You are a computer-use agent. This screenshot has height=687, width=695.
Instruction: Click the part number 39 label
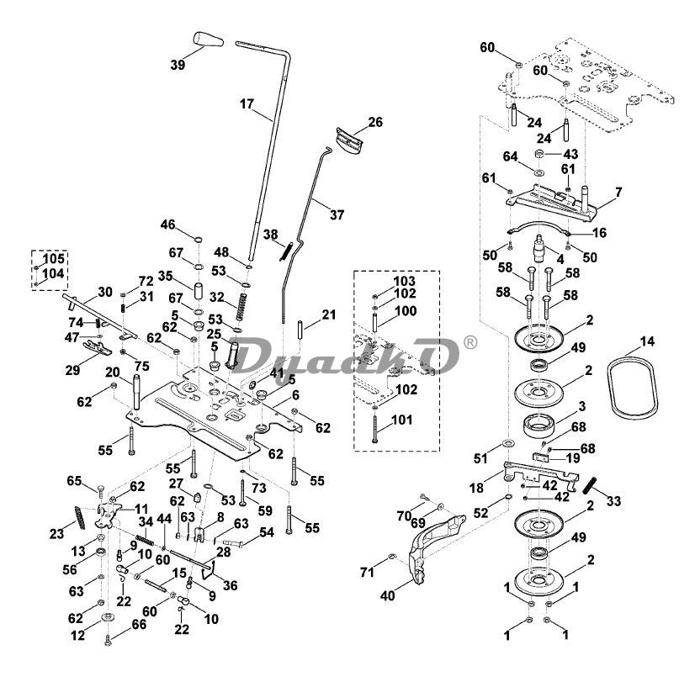coord(178,65)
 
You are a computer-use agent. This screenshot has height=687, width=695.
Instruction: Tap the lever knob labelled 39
coord(205,40)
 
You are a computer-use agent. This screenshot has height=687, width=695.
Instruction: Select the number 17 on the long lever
coord(246,104)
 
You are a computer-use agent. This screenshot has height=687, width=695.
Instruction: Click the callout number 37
coord(337,215)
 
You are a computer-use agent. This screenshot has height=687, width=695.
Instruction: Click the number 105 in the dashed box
coord(54,257)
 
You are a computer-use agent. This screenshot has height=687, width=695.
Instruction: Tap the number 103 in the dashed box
coord(404,279)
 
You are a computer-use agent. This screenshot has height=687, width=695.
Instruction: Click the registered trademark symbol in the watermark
coord(470,341)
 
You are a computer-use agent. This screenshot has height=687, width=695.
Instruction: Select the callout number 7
coord(618,193)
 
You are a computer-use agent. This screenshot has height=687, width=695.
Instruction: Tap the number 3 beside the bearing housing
coord(581,406)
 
